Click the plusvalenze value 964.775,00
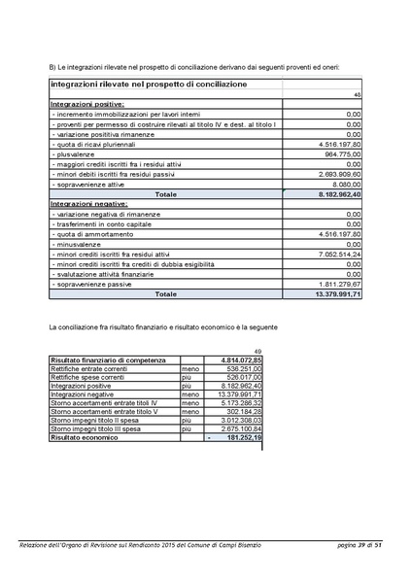pyautogui.click(x=339, y=154)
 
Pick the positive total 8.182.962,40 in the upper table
pyautogui.click(x=332, y=194)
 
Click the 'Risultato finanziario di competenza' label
pyautogui.click(x=101, y=360)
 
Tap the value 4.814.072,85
pyautogui.click(x=235, y=360)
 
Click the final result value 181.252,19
pyautogui.click(x=239, y=438)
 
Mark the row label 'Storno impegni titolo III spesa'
pyautogui.click(x=95, y=428)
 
